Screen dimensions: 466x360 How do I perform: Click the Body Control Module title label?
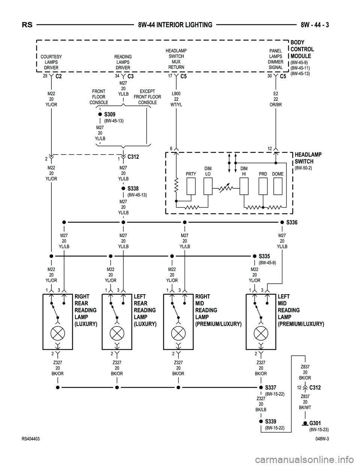coord(302,49)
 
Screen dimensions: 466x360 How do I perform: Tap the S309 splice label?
coord(109,114)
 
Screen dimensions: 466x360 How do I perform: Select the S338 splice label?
coord(133,188)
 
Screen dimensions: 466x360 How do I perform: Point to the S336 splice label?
coord(291,222)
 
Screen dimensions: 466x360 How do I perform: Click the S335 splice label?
coord(264,256)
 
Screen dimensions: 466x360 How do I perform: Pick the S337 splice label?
coord(270,387)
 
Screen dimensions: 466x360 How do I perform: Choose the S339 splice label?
coord(270,422)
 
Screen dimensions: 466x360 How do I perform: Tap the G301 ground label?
coord(315,423)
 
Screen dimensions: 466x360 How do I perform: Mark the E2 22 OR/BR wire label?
coord(276,99)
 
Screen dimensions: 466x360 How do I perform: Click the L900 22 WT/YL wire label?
coord(176,99)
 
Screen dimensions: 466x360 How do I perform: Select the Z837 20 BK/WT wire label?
coord(305,402)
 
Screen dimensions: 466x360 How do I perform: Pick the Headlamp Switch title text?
coord(308,158)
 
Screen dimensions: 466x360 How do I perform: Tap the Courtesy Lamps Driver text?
coord(51,62)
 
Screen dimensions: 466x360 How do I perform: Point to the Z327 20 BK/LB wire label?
coord(261,404)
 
